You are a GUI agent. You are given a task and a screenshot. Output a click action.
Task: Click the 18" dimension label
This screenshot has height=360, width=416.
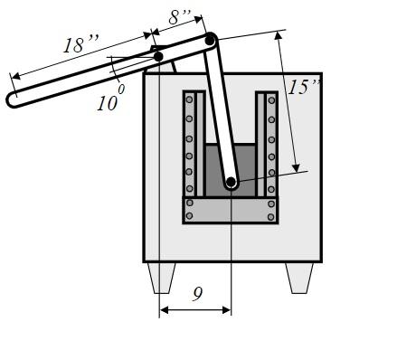point(82,43)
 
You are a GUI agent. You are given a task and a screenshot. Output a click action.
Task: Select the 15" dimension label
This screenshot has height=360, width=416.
point(305,87)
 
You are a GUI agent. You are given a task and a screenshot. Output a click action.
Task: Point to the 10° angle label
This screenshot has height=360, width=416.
point(109,100)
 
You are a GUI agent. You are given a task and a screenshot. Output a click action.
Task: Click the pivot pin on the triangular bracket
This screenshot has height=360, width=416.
point(158,57)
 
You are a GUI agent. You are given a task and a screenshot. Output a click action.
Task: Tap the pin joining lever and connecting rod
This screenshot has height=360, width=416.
point(210,40)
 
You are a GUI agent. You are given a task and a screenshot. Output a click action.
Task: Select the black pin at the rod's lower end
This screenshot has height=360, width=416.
point(231,183)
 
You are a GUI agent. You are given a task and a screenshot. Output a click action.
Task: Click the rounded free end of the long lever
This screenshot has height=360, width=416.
point(14,100)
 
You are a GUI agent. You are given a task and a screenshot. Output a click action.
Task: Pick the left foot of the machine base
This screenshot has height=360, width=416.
point(161,277)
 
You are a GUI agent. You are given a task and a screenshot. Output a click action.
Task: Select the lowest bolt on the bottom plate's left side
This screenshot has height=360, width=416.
point(190,216)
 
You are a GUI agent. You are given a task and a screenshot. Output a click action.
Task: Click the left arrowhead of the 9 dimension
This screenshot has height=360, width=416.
point(164,310)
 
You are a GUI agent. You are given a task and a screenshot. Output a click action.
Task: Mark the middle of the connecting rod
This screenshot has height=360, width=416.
point(221,111)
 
